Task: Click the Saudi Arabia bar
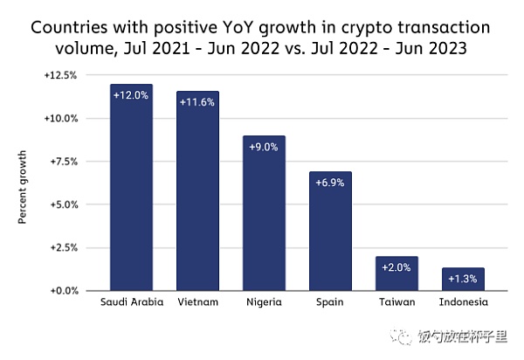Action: coord(131,188)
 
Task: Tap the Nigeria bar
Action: coord(264,213)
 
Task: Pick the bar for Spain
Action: coord(329,231)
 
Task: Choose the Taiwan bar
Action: coord(396,273)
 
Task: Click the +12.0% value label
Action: coord(131,95)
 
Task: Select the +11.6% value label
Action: coord(197,102)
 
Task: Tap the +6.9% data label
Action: coord(329,183)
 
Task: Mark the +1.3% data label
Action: coord(462,279)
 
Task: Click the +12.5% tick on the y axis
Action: coord(60,76)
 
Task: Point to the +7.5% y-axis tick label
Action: coord(62,162)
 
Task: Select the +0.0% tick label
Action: coord(62,290)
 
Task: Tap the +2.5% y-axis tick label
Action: coord(62,247)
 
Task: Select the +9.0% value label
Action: coord(264,147)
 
